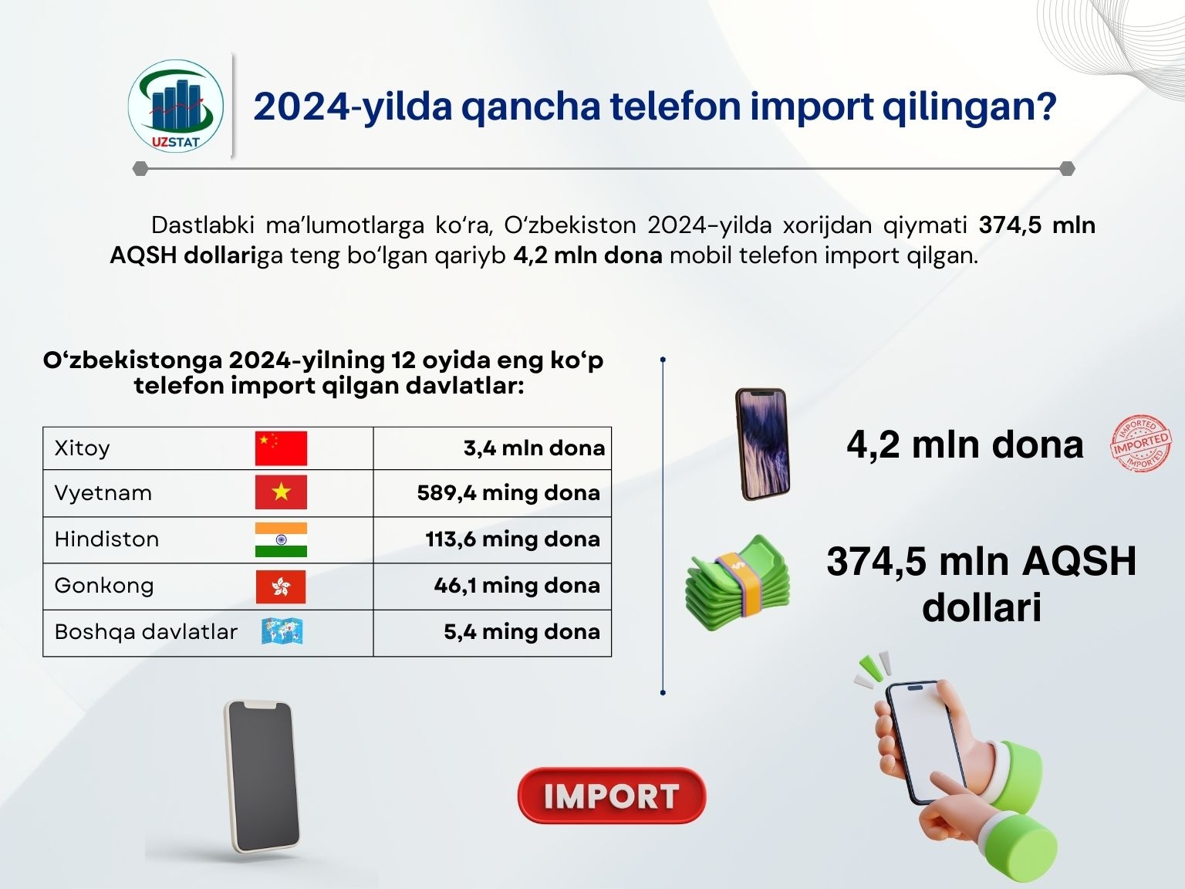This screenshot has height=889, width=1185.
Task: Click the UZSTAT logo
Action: pyautogui.click(x=175, y=106)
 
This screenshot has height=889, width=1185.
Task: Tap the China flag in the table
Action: pyautogui.click(x=281, y=448)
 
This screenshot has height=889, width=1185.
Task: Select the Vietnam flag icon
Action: pyautogui.click(x=281, y=492)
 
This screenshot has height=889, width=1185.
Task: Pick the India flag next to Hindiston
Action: pyautogui.click(x=281, y=539)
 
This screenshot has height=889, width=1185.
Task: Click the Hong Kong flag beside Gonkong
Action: pyautogui.click(x=281, y=586)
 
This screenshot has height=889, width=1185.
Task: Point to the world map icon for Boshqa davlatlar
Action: pyautogui.click(x=282, y=631)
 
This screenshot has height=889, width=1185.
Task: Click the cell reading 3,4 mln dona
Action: pyautogui.click(x=534, y=448)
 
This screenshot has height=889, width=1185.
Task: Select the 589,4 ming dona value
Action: pyautogui.click(x=508, y=493)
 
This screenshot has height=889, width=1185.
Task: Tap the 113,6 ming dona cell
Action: pyautogui.click(x=512, y=539)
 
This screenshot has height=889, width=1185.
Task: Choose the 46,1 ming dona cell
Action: pyautogui.click(x=517, y=586)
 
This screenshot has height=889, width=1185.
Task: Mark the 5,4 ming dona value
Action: pyautogui.click(x=522, y=632)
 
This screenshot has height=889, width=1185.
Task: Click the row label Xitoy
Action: pyautogui.click(x=82, y=448)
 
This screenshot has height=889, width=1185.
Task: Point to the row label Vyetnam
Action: pyautogui.click(x=103, y=493)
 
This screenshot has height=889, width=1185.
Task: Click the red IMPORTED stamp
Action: pyautogui.click(x=1141, y=444)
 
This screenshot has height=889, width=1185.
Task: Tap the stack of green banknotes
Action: pyautogui.click(x=738, y=583)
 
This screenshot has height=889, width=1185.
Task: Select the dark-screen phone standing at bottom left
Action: pyautogui.click(x=262, y=776)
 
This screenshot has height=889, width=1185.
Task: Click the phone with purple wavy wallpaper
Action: pyautogui.click(x=762, y=444)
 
